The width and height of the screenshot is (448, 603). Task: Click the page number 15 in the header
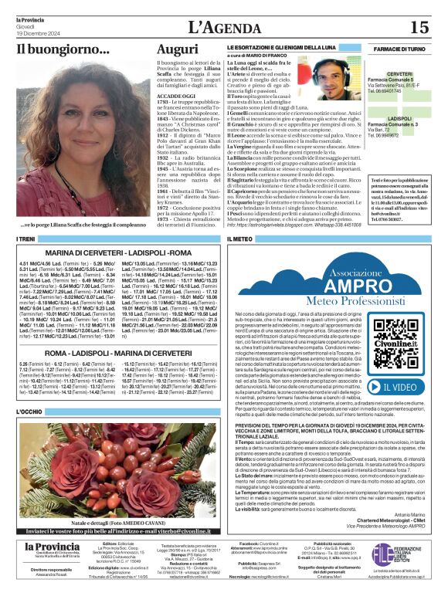[419, 27]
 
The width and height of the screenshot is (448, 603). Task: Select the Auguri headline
[178, 50]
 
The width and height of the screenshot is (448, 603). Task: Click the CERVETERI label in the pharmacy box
[399, 74]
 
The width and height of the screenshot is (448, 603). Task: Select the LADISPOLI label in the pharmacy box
[399, 119]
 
